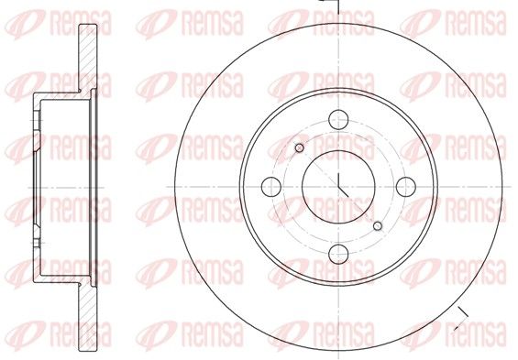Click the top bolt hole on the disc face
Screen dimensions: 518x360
[338, 119]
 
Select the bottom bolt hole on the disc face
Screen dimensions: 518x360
[338, 254]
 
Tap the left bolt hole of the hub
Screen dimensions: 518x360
[271, 187]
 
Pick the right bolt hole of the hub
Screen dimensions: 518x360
[406, 187]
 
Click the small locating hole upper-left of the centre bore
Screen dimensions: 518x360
[300, 147]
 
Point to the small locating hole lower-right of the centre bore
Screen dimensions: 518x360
[378, 226]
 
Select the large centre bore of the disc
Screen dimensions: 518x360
[338, 187]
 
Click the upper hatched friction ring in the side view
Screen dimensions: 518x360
[88, 58]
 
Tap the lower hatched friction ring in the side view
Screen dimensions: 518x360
[88, 317]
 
